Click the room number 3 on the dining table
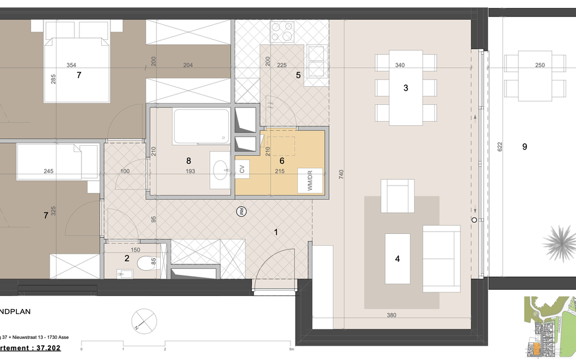(406, 88)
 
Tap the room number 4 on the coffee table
(398, 259)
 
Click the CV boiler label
(243, 169)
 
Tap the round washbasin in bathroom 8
(220, 168)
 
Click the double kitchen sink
(317, 60)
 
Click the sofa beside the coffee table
(443, 259)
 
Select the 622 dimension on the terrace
(500, 146)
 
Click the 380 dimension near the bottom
(392, 315)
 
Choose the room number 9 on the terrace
(524, 146)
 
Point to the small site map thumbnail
(548, 327)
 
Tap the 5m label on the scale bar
(290, 349)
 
